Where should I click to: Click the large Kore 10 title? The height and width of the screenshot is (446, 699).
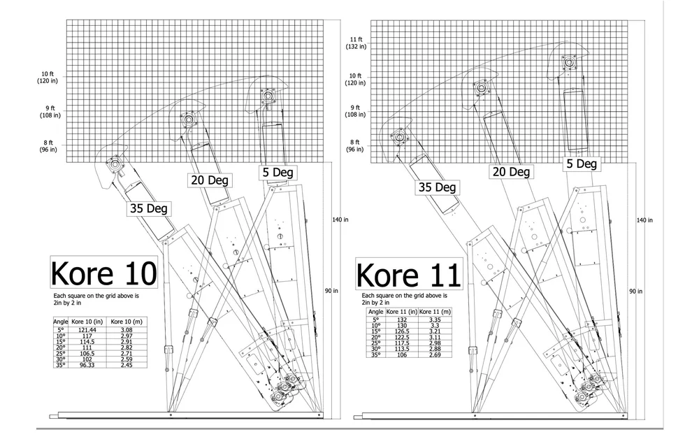tap(103, 273)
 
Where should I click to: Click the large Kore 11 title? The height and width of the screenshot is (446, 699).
tap(408, 274)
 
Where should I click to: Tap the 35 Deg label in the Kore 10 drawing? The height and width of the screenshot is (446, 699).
tap(148, 208)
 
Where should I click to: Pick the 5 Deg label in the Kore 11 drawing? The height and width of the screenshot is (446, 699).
tap(581, 164)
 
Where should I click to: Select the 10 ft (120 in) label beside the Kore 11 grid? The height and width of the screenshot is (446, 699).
tap(355, 79)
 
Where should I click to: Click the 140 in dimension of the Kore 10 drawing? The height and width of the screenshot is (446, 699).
tap(340, 220)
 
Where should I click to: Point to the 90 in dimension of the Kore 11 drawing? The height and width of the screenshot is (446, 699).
tap(635, 291)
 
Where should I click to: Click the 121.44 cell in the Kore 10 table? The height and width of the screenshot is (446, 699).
tap(87, 329)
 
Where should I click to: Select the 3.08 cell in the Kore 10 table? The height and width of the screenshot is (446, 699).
tap(127, 329)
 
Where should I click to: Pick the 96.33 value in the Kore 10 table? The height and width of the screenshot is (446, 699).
tap(87, 365)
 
